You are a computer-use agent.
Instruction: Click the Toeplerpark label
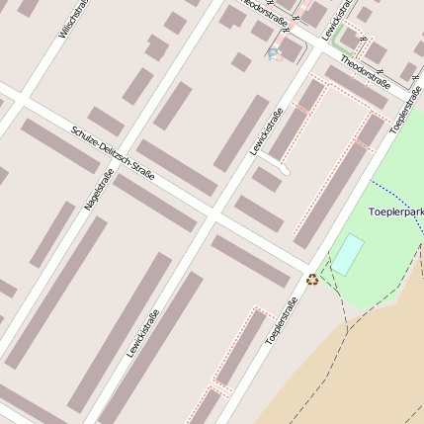[x=394, y=212]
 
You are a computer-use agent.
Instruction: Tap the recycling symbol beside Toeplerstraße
[x=313, y=279]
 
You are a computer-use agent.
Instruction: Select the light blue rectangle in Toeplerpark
[x=347, y=254]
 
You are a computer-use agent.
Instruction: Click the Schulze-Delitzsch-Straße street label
[x=113, y=152]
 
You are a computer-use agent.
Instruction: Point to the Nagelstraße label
[x=100, y=189]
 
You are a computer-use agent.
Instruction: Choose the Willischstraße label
[x=74, y=19]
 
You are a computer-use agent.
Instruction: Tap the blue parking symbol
[x=274, y=54]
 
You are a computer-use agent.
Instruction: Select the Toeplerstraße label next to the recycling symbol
[x=282, y=321]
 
